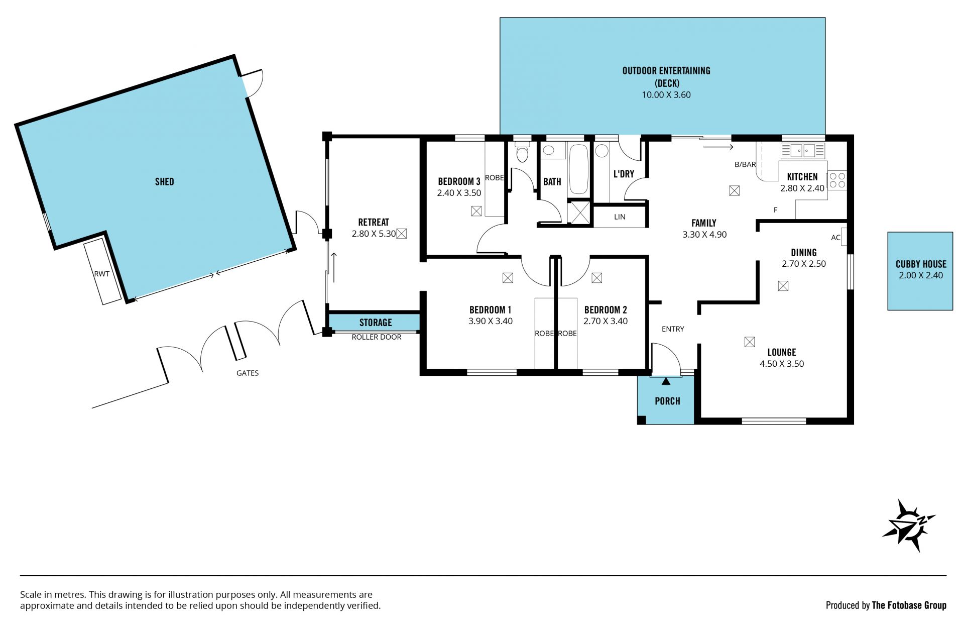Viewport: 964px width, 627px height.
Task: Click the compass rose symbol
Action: pos(908,526)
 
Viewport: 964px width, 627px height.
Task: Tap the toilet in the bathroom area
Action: pos(522,152)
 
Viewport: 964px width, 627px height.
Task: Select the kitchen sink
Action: pos(802,150)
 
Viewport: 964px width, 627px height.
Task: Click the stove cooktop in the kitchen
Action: pos(837,180)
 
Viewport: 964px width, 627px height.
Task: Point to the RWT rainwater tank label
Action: pos(101,274)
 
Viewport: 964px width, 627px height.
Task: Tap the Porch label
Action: pos(667,401)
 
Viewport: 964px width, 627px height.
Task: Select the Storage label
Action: pos(376,323)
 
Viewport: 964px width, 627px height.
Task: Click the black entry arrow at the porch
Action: pos(666,381)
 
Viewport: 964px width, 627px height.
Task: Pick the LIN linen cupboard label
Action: pos(620,217)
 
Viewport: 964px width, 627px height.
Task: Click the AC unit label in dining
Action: pos(835,238)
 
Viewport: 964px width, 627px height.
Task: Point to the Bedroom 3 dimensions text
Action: pos(459,193)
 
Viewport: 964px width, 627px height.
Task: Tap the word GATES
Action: pos(248,373)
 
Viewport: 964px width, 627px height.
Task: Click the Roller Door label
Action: pos(377,337)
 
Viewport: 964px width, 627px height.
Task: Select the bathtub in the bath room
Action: pos(579,169)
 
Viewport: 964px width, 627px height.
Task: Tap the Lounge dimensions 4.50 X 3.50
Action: pos(782,364)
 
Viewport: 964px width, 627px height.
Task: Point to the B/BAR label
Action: pos(745,164)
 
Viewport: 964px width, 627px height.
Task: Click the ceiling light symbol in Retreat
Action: pos(401,234)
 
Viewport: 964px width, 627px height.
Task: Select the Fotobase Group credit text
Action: pos(886,605)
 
